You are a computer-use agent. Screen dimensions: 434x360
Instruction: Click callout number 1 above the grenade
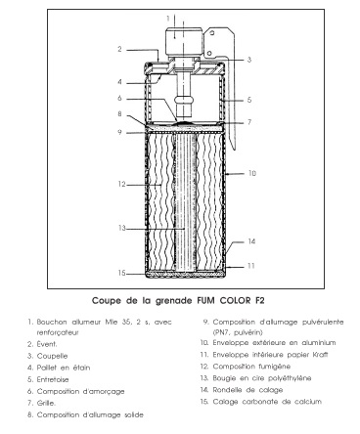coord(167,18)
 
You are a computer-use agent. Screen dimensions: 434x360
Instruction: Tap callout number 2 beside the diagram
coord(117,48)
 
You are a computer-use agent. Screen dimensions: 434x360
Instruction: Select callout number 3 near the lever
coord(249,60)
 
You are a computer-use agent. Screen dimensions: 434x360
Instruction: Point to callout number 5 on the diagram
coord(250,100)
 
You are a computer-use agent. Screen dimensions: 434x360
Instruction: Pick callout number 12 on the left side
coord(118,184)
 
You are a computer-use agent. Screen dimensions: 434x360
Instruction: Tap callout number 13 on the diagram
coord(118,230)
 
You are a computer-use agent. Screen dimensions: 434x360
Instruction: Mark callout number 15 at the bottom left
coord(118,273)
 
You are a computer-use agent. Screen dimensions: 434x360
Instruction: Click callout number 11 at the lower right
coord(251,265)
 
